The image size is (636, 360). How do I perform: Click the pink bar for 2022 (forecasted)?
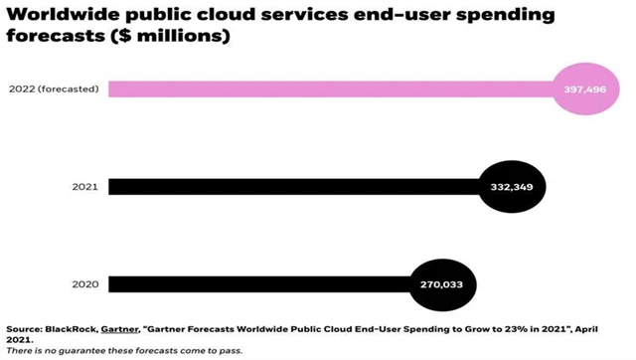(x=328, y=89)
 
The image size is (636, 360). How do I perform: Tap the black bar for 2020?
(x=258, y=283)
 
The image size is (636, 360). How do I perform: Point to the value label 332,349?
(x=514, y=186)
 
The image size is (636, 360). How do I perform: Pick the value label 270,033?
(x=442, y=283)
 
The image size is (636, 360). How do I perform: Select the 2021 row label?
(x=84, y=186)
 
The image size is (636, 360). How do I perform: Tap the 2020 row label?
(x=84, y=283)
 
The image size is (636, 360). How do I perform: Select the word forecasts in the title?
(x=54, y=38)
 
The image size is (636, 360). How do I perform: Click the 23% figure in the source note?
(x=496, y=329)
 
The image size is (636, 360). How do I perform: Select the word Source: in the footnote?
(x=21, y=329)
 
